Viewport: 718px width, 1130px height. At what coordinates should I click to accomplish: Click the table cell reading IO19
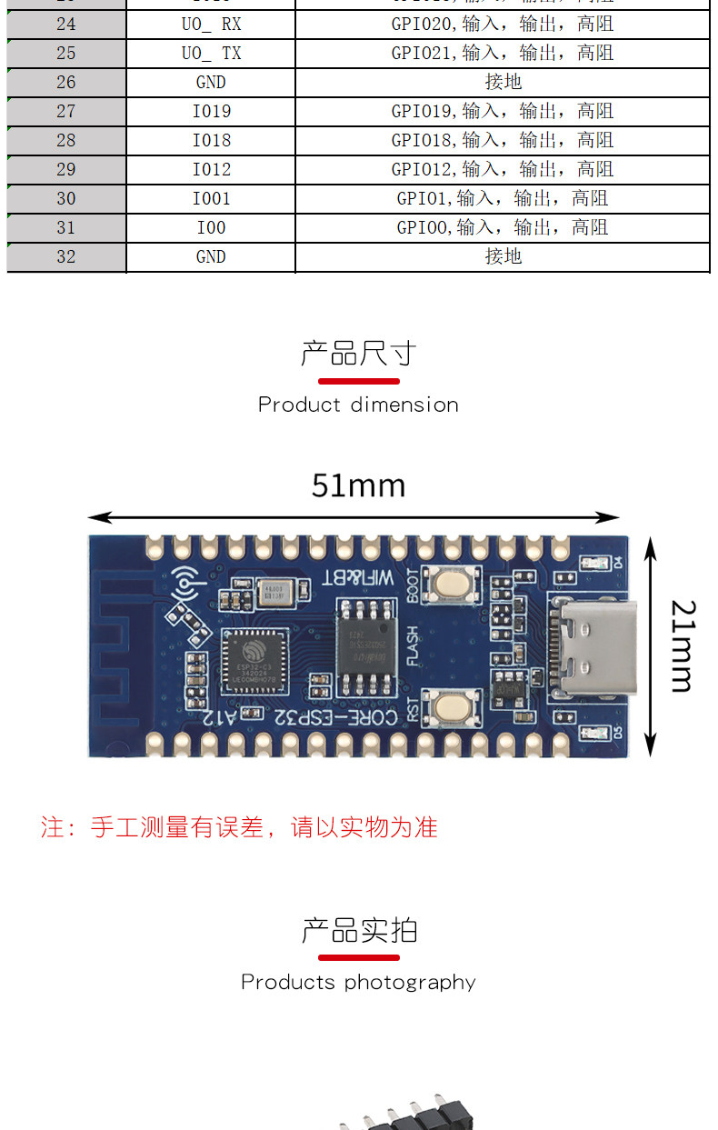pos(211,111)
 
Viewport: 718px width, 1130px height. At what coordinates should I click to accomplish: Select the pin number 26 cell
pos(66,82)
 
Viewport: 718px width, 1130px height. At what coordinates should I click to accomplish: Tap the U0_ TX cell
pos(211,53)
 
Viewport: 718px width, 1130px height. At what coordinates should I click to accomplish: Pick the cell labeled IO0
pos(211,227)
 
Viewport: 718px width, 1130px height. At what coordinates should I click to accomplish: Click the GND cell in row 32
pos(211,256)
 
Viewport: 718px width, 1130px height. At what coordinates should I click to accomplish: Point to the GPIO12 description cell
pos(502,169)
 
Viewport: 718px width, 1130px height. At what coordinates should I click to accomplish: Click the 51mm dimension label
pos(358,485)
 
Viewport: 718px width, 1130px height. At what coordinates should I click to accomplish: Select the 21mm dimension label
pos(683,645)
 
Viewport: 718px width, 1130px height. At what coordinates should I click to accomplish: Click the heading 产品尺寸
pos(358,353)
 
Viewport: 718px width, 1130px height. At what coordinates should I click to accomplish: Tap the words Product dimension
pos(358,405)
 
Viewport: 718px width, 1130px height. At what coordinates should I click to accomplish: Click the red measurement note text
pos(239,827)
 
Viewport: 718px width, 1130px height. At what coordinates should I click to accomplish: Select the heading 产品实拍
pos(358,930)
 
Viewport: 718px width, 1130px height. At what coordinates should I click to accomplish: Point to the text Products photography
pos(358,982)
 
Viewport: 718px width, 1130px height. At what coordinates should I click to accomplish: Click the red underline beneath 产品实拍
pos(358,957)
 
